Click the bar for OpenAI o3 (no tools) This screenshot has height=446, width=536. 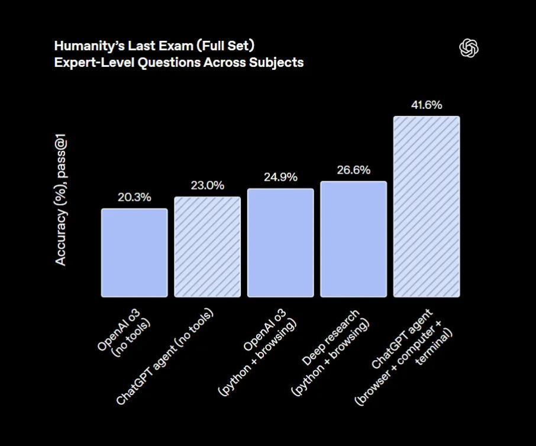[134, 252]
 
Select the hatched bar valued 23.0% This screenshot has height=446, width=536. [207, 246]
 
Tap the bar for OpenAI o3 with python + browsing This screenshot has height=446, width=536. [280, 242]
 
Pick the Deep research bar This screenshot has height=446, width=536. [353, 239]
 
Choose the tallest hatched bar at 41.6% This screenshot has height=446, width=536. [427, 206]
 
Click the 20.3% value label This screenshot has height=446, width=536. [134, 197]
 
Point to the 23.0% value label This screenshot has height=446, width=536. [207, 185]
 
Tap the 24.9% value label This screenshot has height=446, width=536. [280, 177]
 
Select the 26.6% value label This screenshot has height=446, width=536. [353, 170]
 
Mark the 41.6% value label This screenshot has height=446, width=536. [427, 105]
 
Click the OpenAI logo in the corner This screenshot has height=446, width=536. [469, 49]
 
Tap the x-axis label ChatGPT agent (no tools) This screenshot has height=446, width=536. [166, 355]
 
